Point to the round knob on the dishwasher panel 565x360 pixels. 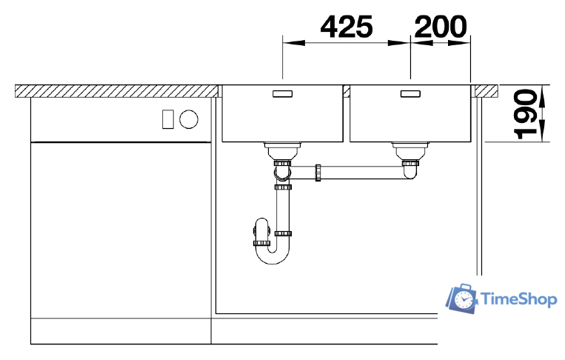(x=190, y=118)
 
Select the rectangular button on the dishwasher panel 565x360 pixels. (x=167, y=118)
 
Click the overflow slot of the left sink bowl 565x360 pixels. (x=283, y=94)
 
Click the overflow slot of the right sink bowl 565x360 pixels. (x=410, y=94)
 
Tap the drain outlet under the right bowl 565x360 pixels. (x=409, y=150)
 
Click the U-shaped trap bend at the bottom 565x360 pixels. (x=273, y=256)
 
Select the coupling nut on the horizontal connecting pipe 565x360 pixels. (x=318, y=173)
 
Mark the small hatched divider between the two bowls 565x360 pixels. (x=346, y=90)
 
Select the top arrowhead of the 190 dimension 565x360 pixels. (x=543, y=90)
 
